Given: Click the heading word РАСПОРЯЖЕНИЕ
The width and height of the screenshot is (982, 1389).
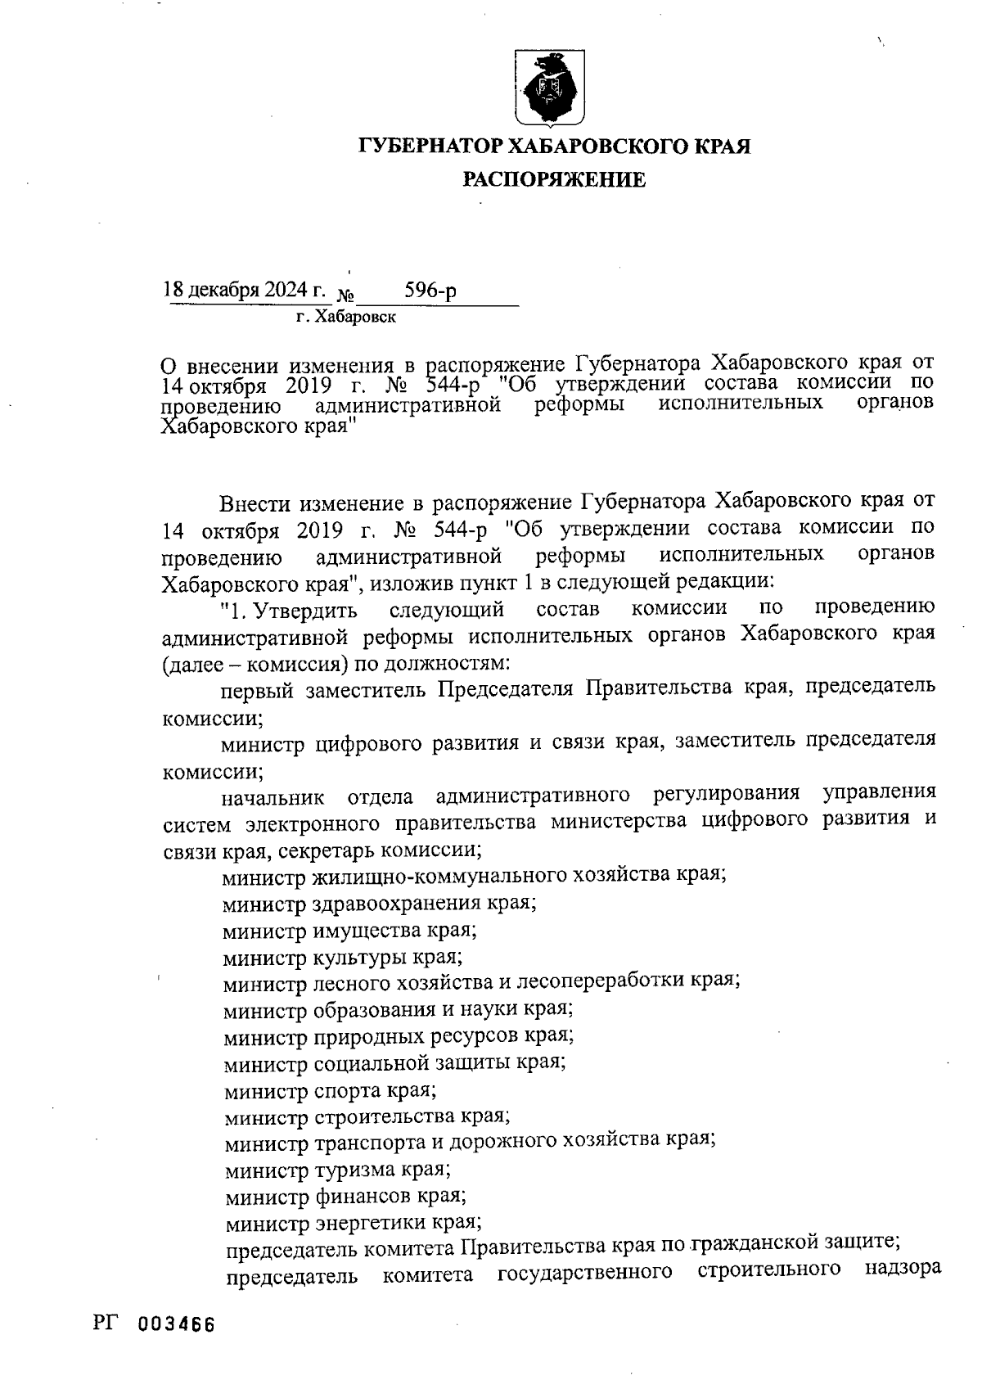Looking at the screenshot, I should [554, 179].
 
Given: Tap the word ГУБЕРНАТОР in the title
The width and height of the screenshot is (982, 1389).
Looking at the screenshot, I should [431, 147].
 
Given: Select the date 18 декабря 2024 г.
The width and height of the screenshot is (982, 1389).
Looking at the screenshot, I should [244, 290].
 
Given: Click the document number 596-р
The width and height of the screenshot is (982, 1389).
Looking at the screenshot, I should [430, 291].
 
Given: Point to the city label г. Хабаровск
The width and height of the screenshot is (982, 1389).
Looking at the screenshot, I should [346, 317].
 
